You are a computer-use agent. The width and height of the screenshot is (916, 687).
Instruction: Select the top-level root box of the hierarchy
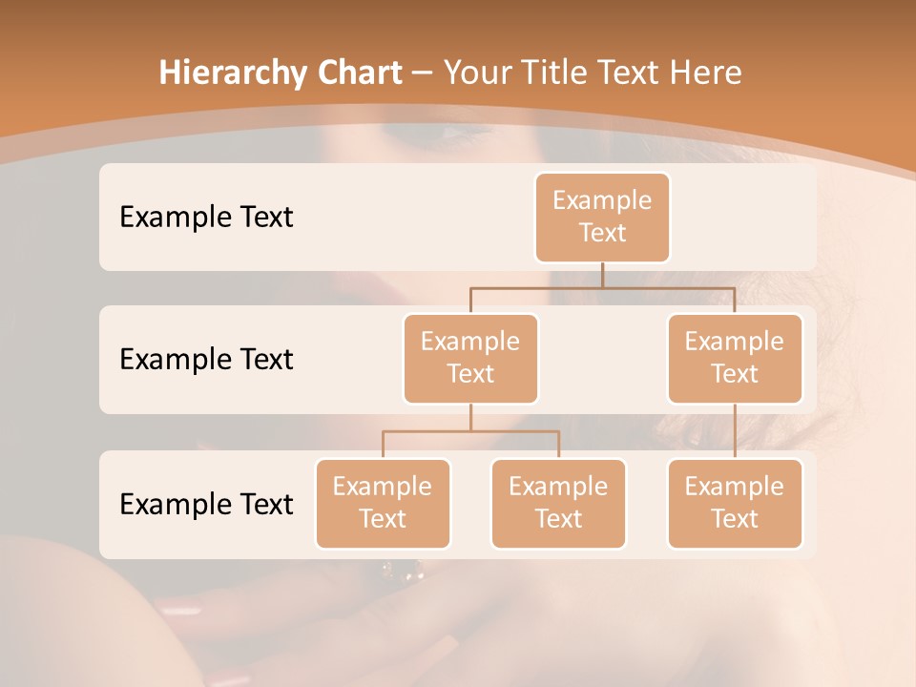coord(602,217)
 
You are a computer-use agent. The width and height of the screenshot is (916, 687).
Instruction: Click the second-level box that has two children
coord(470,358)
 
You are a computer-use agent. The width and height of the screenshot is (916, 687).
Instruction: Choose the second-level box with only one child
coord(735,358)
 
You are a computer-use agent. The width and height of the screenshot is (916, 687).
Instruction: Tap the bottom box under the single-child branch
coord(735,503)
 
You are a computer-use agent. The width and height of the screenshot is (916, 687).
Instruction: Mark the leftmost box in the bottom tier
coord(383,503)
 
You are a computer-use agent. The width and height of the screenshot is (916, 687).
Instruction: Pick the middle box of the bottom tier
coord(558,503)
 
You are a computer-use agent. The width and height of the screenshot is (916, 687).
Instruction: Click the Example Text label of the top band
coord(206,218)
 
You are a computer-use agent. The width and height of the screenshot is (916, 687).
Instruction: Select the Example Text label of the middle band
coord(206,360)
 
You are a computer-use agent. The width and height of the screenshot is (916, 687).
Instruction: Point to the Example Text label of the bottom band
coord(206,505)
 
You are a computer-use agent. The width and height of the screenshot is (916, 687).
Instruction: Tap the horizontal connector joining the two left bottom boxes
coord(470,431)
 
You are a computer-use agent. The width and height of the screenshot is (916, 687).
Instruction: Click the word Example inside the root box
coord(602,200)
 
